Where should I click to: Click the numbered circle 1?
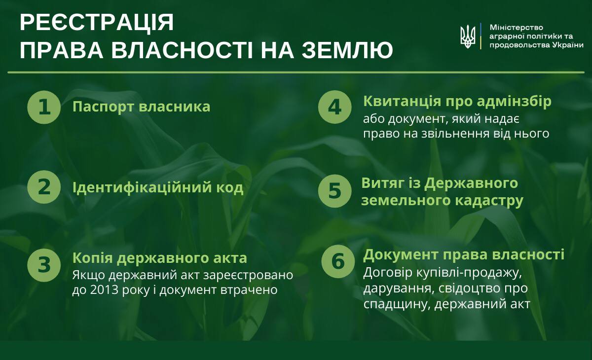coord(44,107)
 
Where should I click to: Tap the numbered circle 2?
coord(44,187)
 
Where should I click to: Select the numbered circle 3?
coord(44,265)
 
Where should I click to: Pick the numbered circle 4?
coord(334,107)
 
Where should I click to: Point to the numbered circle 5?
coord(334,191)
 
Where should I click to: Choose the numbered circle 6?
coord(338,261)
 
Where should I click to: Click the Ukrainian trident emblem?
coord(468,36)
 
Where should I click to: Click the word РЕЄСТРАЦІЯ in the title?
coord(97,23)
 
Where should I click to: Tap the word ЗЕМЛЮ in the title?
coord(347,50)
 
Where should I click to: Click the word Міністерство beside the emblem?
coord(516,28)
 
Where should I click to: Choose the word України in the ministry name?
coord(568,45)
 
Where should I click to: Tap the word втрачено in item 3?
coord(249,290)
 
